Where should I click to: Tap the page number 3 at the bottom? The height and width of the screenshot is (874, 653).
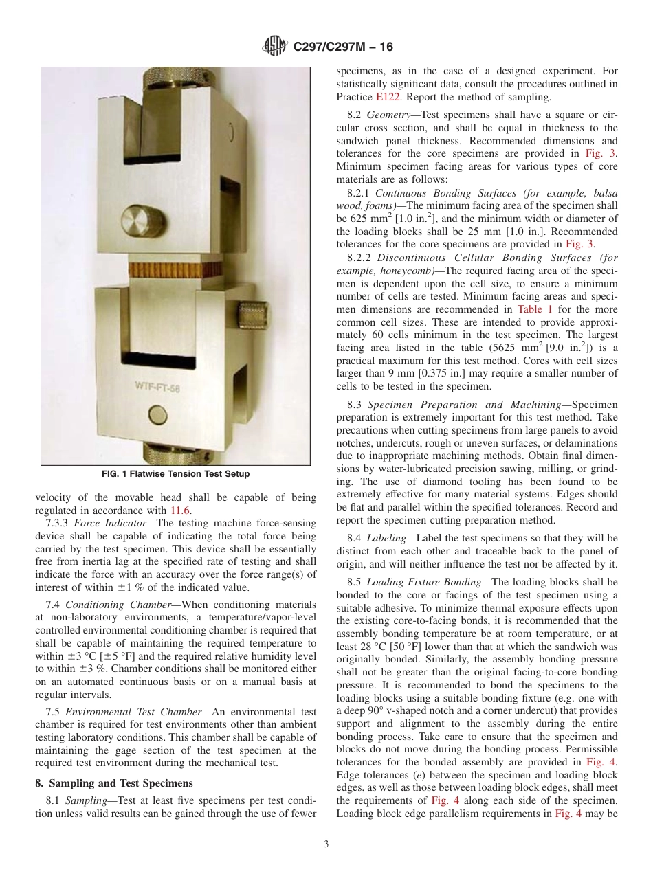point(326,844)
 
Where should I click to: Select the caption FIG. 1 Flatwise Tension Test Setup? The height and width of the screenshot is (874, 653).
point(176,474)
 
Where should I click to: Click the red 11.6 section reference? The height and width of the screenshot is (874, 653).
point(181,511)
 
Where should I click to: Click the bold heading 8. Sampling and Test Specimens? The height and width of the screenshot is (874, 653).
point(114,783)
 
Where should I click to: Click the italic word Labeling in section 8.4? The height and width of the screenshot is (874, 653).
point(386,538)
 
